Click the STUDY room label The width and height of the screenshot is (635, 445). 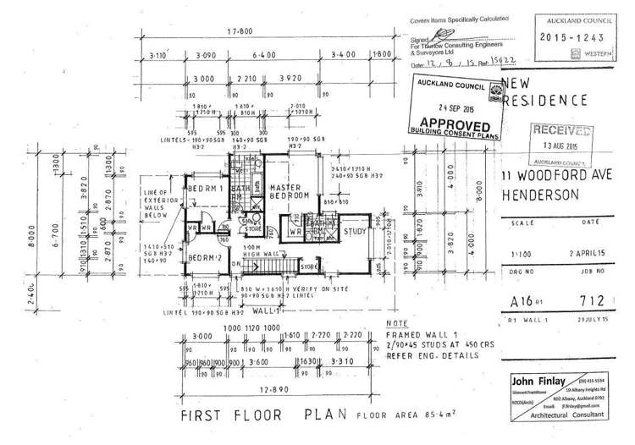355,231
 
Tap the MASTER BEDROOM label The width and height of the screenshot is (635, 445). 288,191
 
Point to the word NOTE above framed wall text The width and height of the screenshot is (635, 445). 395,324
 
